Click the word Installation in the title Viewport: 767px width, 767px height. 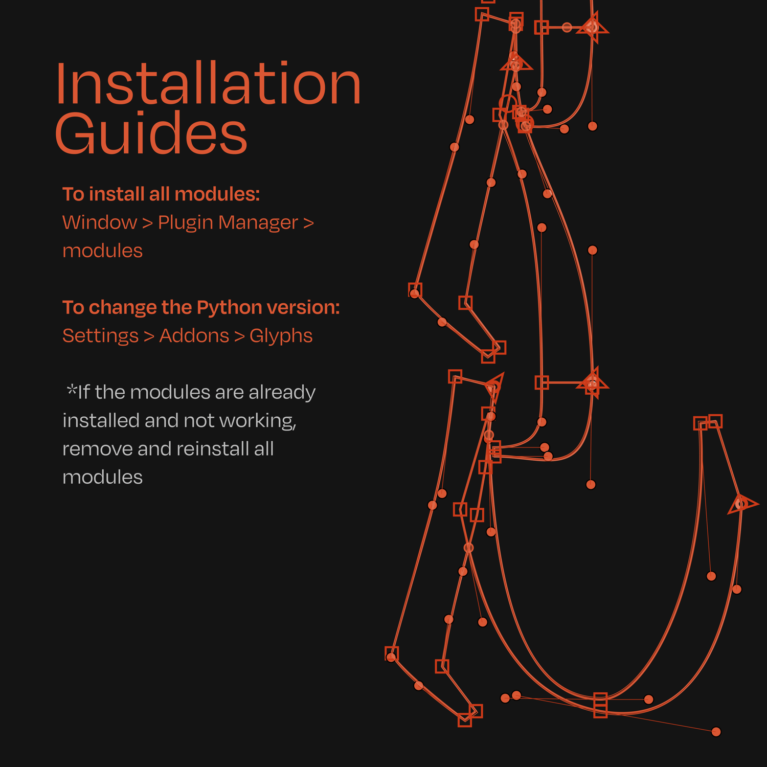coord(208,83)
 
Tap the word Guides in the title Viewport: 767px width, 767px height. coord(151,133)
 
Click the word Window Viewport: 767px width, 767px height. coord(100,222)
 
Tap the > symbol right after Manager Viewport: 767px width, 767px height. coord(308,223)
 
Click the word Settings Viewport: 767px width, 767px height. coord(100,336)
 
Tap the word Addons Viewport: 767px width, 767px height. coord(194,336)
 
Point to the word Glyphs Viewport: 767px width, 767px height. coord(281,336)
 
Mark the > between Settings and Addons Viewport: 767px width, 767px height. coord(149,336)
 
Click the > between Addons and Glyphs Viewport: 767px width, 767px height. coord(239,336)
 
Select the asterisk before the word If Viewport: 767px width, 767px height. coord(72,390)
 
